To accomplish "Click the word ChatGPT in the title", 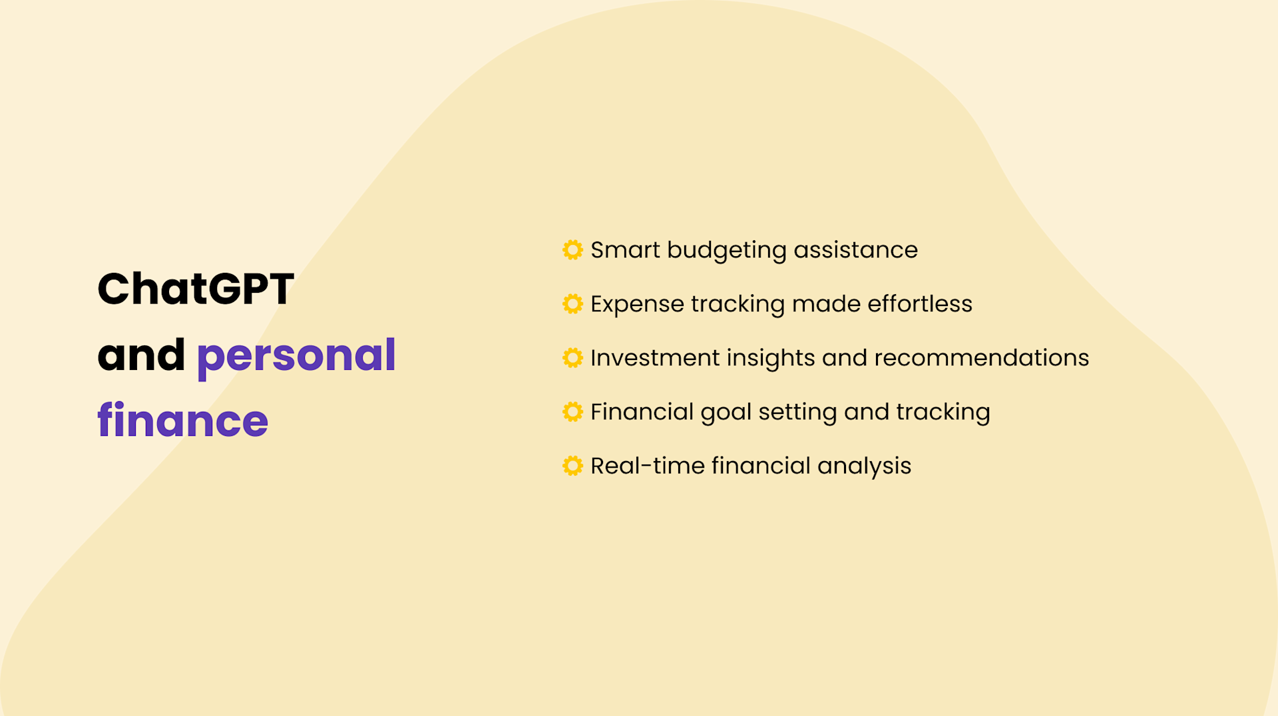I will (196, 289).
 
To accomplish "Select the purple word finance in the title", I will (182, 421).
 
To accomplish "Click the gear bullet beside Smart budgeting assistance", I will (572, 250).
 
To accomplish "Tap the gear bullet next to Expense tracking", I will (572, 303).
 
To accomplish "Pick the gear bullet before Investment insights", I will (572, 357).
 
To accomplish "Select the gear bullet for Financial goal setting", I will (572, 411).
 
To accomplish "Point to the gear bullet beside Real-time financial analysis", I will (572, 465).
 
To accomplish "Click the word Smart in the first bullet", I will (625, 250).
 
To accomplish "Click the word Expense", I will (637, 304).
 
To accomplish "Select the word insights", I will (770, 358).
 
